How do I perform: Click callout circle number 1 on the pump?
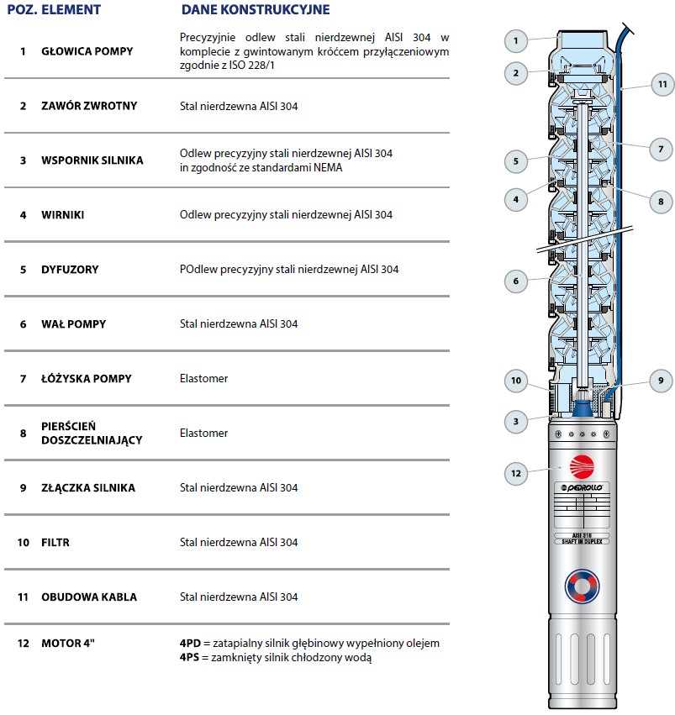517,39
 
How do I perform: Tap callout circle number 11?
662,84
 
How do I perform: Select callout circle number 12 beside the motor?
517,474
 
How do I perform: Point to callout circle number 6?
517,281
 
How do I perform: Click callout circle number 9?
661,379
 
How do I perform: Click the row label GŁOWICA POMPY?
87,51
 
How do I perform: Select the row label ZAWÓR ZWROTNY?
89,106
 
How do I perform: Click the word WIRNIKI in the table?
63,215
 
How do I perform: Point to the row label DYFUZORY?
70,270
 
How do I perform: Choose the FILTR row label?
55,543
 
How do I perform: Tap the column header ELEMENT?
71,10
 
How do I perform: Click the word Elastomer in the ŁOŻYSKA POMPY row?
203,379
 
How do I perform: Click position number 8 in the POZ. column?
24,434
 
